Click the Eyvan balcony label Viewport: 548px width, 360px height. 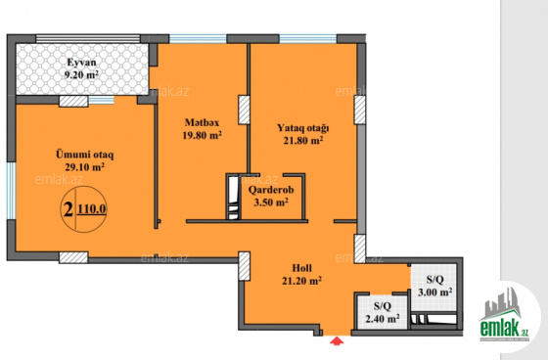pos(81,63)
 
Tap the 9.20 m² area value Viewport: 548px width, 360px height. pos(81,74)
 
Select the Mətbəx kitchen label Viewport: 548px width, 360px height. pos(202,122)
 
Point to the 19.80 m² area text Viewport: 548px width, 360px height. pos(202,135)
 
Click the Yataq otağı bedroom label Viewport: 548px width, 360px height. pos(303,128)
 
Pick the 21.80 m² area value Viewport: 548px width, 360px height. pos(303,141)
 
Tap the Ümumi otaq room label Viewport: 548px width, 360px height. pos(85,155)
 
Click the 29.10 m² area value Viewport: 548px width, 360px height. pos(85,166)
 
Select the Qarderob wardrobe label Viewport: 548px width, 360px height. pos(271,190)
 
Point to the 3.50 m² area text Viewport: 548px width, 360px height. pos(271,202)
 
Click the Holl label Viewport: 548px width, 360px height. pos(302,268)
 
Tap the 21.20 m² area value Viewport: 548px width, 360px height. pos(302,281)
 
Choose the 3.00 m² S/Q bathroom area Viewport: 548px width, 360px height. pos(435,292)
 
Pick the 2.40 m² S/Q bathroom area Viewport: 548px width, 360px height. pos(383,319)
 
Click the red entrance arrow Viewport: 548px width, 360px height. pos(337,340)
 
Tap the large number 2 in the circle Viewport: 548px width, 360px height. pos(68,209)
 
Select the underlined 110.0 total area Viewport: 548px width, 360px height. pos(92,209)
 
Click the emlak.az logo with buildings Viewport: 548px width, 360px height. pos(504,315)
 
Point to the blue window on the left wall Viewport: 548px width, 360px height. pos(12,191)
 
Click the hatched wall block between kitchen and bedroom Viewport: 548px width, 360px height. pos(244,110)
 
